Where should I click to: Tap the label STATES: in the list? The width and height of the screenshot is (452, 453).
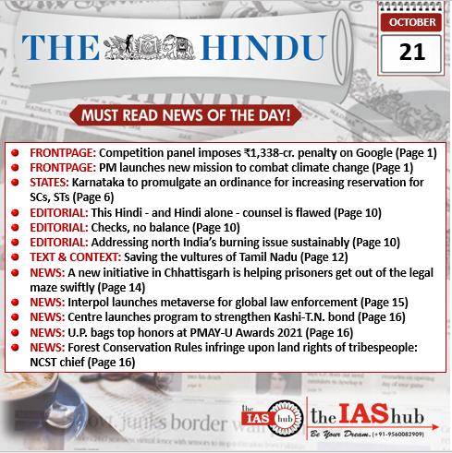click(x=52, y=183)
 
